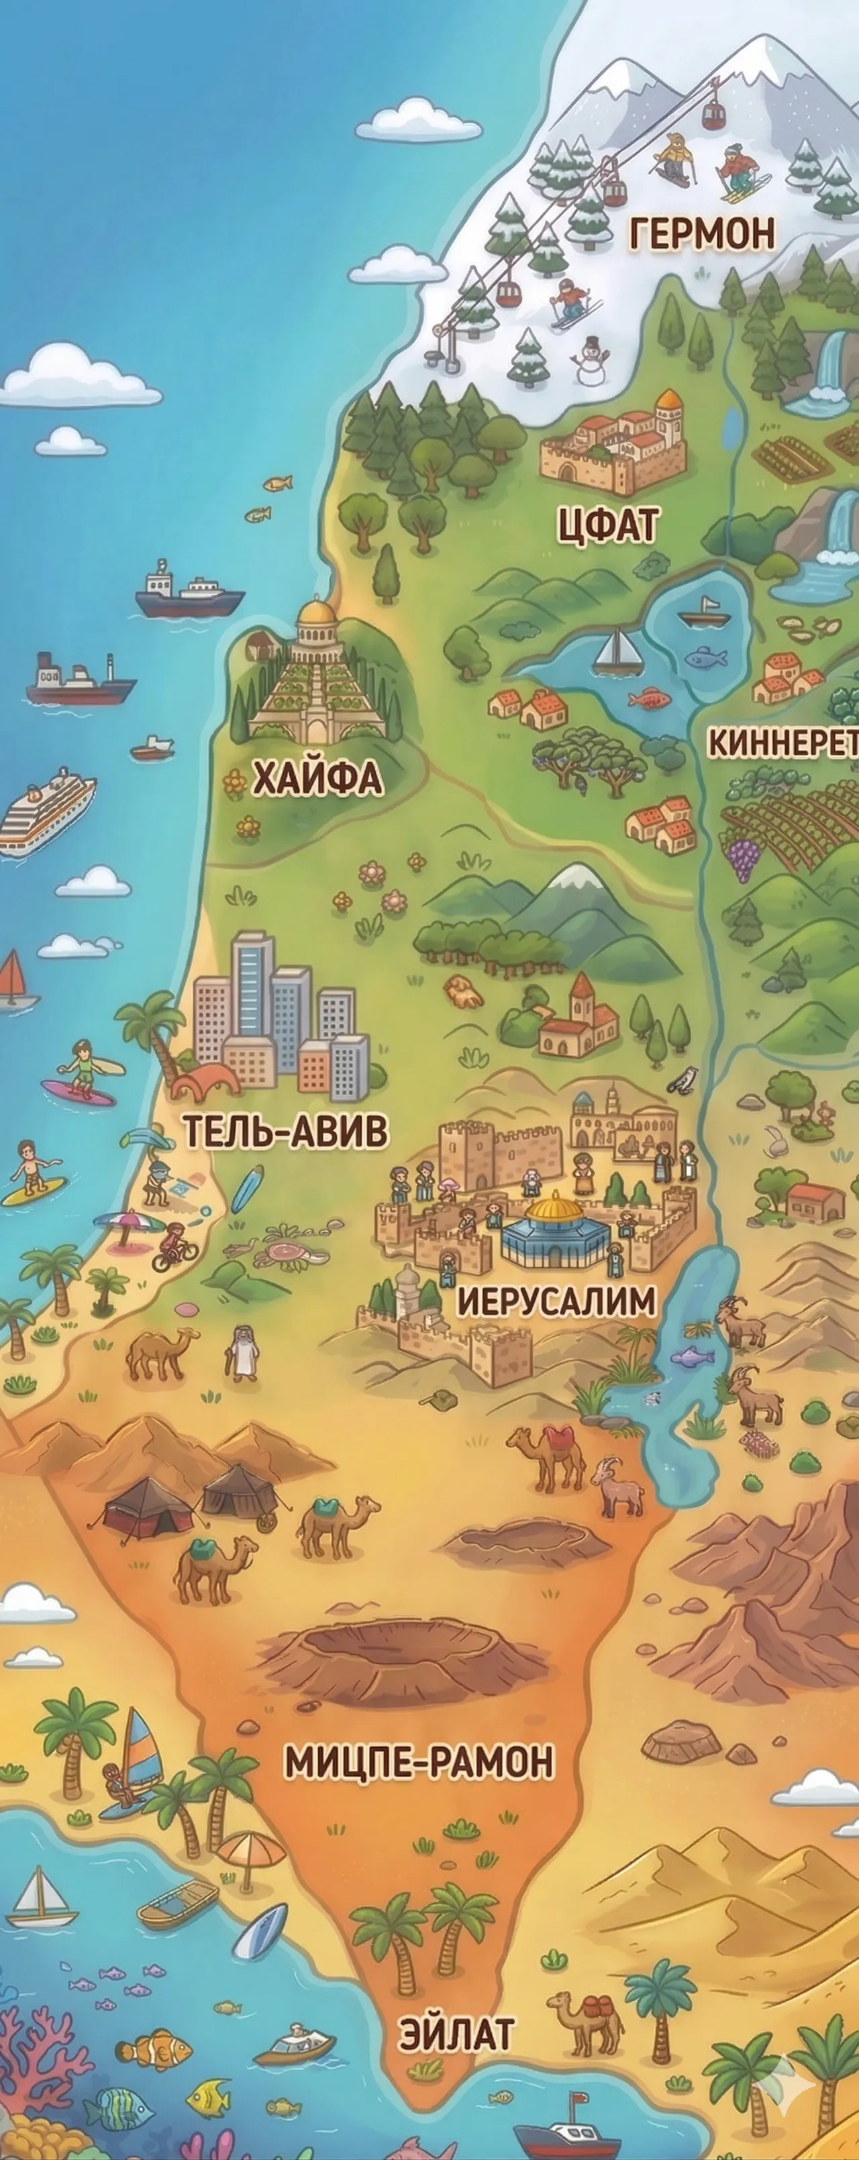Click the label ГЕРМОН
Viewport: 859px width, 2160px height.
pos(702,234)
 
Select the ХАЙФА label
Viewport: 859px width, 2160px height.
pos(317,778)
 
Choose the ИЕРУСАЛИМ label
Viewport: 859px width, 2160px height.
pos(556,1302)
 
